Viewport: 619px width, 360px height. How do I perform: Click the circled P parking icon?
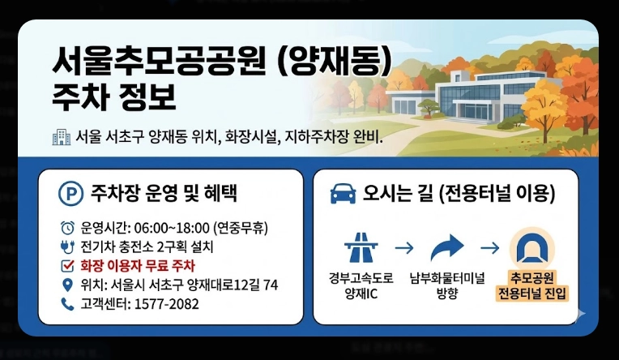point(71,194)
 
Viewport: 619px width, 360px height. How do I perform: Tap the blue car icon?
point(343,194)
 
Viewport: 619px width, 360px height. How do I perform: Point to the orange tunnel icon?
point(533,246)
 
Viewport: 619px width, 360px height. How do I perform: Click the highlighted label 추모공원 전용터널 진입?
point(533,285)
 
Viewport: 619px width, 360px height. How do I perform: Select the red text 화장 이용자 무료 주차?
point(137,265)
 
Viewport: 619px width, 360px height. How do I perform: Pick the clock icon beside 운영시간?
point(66,227)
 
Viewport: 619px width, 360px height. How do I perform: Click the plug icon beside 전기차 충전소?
point(66,246)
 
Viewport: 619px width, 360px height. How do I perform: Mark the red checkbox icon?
point(66,265)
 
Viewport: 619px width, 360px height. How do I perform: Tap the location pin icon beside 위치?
point(66,285)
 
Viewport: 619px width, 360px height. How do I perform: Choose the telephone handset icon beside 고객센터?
point(66,304)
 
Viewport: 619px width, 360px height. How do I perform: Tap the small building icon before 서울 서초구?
point(61,137)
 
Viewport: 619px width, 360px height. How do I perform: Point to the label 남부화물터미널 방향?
point(446,285)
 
